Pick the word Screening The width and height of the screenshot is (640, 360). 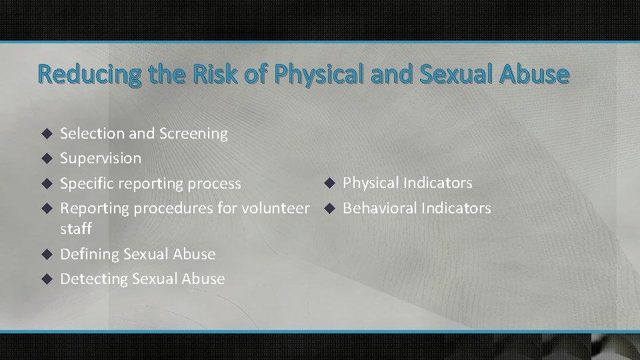click(193, 133)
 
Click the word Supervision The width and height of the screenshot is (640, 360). click(101, 158)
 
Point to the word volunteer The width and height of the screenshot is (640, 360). click(277, 208)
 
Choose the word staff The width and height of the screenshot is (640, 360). click(76, 229)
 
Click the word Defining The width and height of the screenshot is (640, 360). click(87, 254)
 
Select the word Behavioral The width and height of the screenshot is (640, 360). click(379, 208)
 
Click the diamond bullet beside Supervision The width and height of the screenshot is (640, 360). click(46, 159)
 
